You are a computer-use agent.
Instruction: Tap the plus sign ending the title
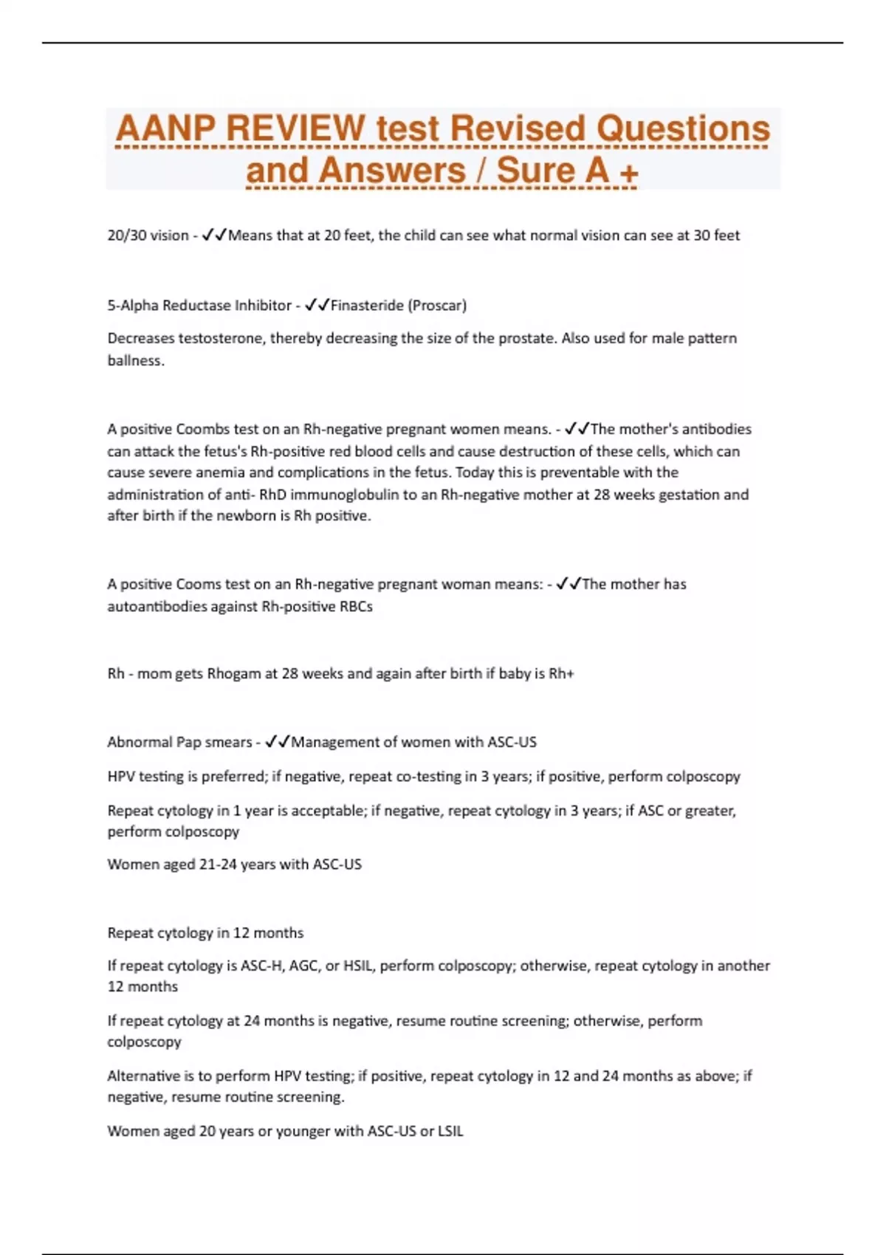click(629, 173)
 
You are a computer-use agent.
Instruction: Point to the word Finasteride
click(366, 306)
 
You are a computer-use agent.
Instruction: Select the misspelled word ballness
click(135, 361)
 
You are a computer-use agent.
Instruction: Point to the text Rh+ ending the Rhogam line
click(561, 674)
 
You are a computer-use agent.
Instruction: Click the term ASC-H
click(262, 966)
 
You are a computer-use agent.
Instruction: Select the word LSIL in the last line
click(450, 1132)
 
